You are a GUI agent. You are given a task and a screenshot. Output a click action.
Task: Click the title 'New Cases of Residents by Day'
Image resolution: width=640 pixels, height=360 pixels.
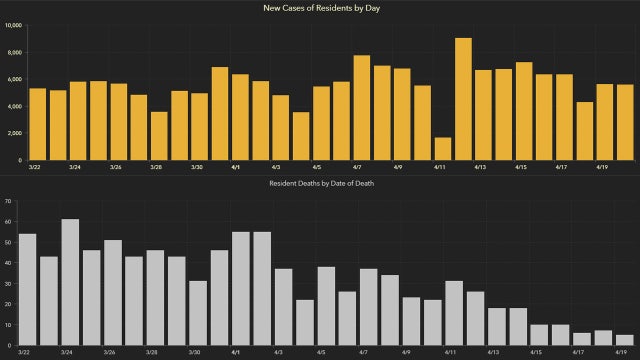320,8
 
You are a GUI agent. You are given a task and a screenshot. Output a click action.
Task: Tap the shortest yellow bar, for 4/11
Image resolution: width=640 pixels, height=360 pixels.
443,148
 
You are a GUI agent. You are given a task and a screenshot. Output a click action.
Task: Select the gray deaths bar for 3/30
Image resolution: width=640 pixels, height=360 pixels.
198,313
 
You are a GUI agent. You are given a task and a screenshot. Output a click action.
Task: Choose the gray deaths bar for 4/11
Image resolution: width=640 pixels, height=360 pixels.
454,313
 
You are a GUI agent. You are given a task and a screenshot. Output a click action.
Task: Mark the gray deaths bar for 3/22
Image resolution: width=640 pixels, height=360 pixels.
28,289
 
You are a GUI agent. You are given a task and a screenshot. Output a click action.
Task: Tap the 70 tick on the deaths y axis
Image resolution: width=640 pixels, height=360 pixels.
8,202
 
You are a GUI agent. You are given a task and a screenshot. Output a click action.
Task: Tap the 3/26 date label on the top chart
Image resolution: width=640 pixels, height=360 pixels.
116,168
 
